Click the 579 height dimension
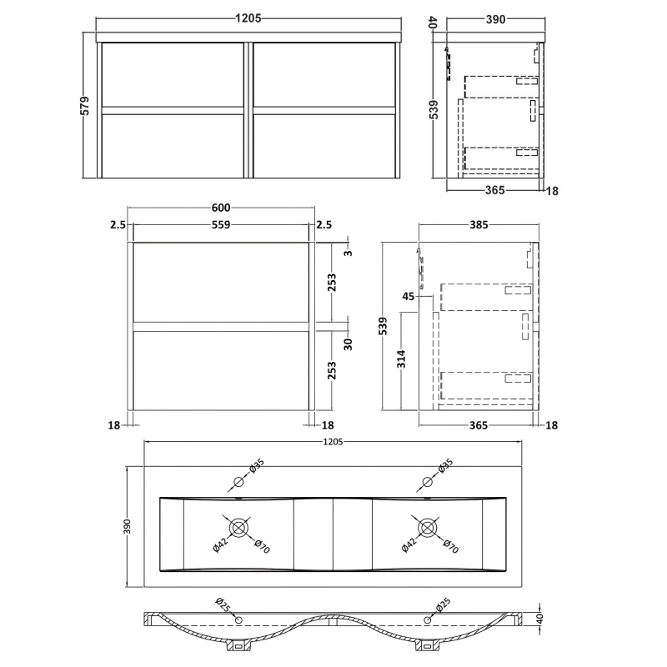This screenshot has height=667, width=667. [85, 107]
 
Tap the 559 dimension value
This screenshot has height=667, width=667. [222, 224]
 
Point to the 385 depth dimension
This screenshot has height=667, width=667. [479, 224]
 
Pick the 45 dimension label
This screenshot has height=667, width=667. [409, 296]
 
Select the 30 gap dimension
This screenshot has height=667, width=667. [349, 344]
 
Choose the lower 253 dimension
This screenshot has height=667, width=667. [331, 370]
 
